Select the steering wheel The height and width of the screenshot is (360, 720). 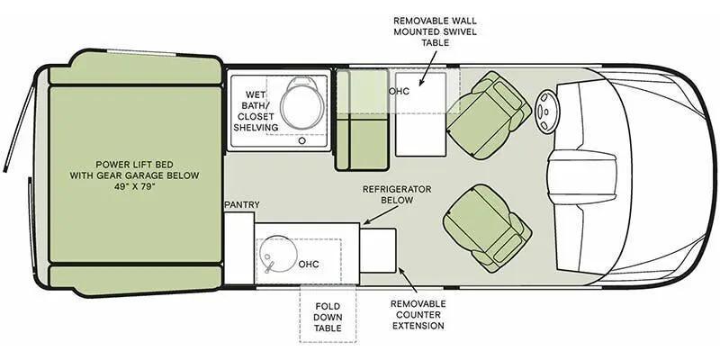pyautogui.click(x=547, y=112)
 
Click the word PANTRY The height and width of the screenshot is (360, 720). pyautogui.click(x=242, y=205)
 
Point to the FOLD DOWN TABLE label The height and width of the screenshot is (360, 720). pyautogui.click(x=327, y=317)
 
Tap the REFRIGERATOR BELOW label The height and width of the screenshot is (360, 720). pyautogui.click(x=397, y=194)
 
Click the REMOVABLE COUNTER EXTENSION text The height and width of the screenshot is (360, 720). pyautogui.click(x=418, y=314)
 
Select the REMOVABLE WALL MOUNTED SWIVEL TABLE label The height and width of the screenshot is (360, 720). pyautogui.click(x=435, y=36)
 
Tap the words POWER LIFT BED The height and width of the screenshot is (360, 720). pyautogui.click(x=134, y=163)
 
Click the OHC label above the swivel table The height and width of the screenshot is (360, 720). pyautogui.click(x=400, y=92)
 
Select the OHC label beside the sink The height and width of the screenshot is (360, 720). pyautogui.click(x=309, y=264)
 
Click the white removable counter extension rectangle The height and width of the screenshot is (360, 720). pyautogui.click(x=378, y=250)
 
